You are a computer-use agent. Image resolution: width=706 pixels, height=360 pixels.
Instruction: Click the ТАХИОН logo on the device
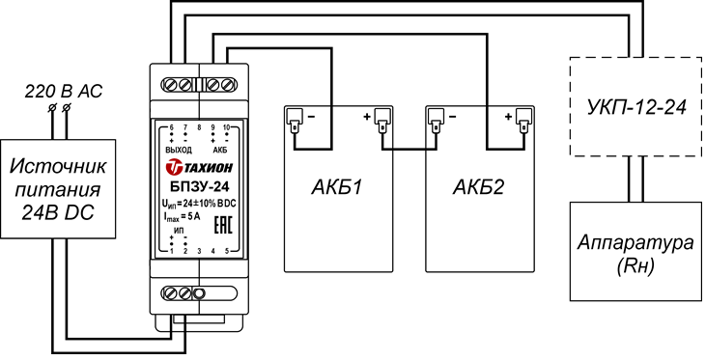point(200,167)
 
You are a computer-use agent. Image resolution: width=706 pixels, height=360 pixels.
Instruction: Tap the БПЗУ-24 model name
point(199,187)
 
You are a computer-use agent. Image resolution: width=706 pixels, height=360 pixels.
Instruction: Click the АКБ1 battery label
point(337,187)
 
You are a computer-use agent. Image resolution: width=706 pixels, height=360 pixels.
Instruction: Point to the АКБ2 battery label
point(479,187)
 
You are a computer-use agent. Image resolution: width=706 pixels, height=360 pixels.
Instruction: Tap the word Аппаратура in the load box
point(636,244)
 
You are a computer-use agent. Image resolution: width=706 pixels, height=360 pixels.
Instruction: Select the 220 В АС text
point(63,92)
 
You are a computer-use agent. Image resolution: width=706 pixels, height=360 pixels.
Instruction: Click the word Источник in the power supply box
point(58,166)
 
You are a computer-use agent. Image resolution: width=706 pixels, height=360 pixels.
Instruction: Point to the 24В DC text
point(58,212)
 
